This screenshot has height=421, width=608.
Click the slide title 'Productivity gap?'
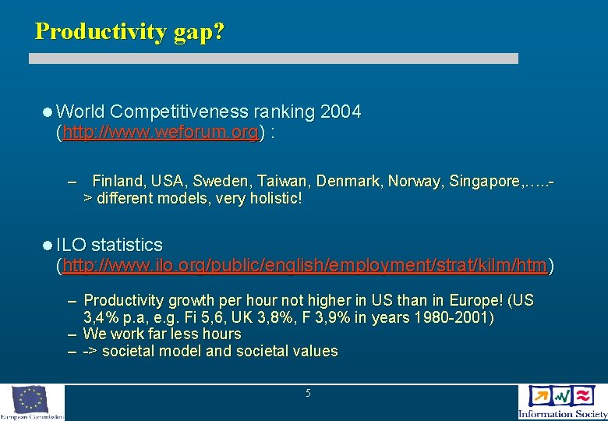[129, 31]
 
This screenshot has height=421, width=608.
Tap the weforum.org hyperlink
[160, 133]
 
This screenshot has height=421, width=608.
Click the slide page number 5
[308, 394]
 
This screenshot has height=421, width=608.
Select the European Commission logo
[31, 402]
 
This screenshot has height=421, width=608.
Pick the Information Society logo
[562, 402]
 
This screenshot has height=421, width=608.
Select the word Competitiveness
[180, 111]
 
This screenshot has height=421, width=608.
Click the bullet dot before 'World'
[48, 112]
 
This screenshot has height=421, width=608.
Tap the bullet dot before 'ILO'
[48, 246]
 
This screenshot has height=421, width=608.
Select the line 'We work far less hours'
[162, 334]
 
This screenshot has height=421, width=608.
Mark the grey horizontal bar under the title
[274, 58]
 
